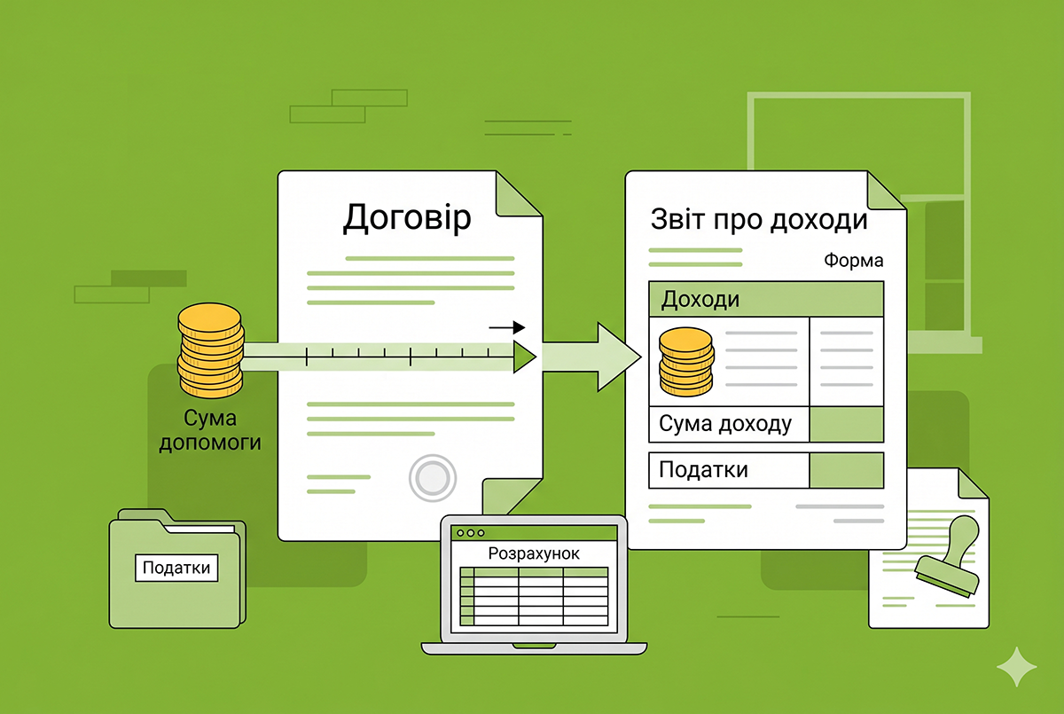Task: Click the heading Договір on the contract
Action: pos(407,218)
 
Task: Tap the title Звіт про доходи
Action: pos(759,220)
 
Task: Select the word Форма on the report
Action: pos(854,261)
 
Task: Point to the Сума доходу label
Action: pos(725,423)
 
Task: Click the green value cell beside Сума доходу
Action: pos(847,424)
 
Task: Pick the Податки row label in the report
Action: pos(703,470)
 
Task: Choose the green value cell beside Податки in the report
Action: pos(847,470)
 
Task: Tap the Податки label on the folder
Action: pos(176,568)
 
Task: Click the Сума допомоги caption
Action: pos(210,430)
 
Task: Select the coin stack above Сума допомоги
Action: pos(210,350)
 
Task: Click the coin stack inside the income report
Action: pos(686,362)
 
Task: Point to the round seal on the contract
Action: pos(433,478)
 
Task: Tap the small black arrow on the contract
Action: pos(507,327)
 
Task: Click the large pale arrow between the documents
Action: pos(592,357)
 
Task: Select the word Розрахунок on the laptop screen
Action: pos(534,553)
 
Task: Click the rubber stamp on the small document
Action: pos(948,557)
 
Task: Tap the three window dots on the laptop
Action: pos(471,533)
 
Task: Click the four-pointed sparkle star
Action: pos(1016,667)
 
